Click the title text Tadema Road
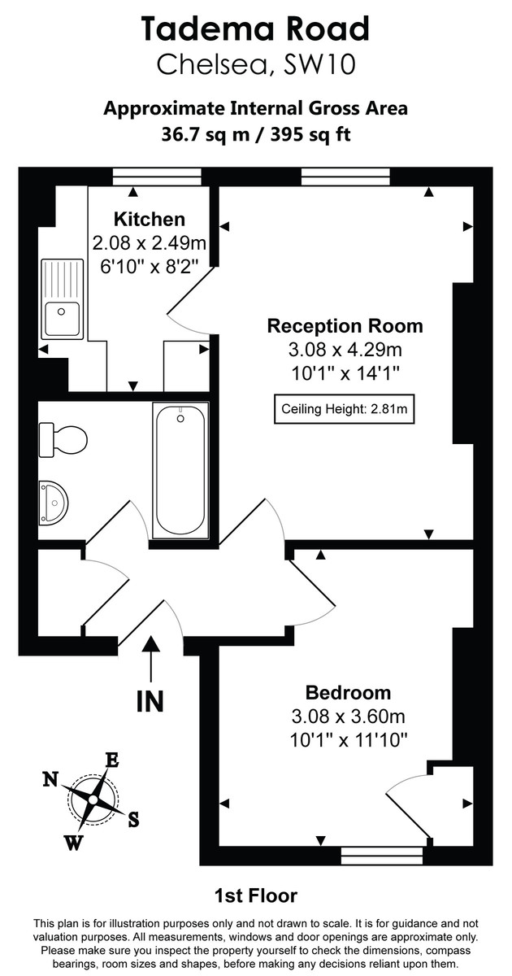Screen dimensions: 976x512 (x=255, y=29)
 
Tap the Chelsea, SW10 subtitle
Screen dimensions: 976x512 (x=255, y=64)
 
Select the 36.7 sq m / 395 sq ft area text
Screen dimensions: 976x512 (x=255, y=134)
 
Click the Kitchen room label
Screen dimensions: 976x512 (x=149, y=219)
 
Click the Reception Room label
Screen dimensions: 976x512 (x=345, y=326)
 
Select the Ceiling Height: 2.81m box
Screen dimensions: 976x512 (x=344, y=409)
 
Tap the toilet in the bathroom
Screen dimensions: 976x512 (x=63, y=440)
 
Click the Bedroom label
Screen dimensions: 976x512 (x=348, y=693)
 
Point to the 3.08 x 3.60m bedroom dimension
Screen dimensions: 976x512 (x=348, y=717)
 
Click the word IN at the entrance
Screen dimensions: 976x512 (x=150, y=700)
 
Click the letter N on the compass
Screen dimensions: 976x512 (x=50, y=779)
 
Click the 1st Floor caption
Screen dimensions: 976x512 (x=255, y=896)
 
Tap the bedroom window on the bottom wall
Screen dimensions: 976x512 (x=381, y=854)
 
